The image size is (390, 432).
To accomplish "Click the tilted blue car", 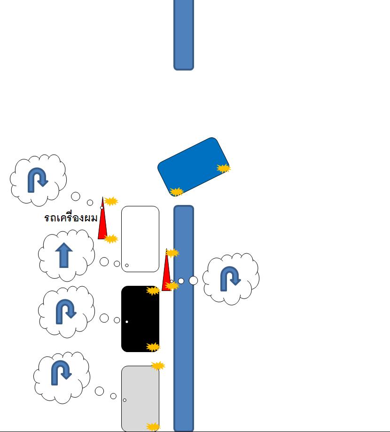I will click(194, 166).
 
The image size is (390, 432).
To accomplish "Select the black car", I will click(140, 319).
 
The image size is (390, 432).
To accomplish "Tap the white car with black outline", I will click(140, 239).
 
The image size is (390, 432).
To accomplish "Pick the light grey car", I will click(140, 398).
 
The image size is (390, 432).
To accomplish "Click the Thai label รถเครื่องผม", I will click(70, 218).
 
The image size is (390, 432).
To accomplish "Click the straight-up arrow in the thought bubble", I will click(64, 256).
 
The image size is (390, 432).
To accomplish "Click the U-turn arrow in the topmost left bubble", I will click(38, 180).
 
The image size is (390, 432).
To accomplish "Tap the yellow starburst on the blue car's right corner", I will click(224, 168).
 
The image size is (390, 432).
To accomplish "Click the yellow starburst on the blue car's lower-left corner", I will click(176, 192).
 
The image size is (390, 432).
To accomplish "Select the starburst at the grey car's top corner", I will click(158, 366).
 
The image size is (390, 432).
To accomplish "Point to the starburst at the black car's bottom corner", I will click(153, 347).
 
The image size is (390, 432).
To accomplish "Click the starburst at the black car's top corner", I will click(153, 291).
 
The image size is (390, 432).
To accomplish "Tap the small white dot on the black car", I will click(127, 322).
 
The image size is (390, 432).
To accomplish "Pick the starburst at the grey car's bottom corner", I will click(153, 427).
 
